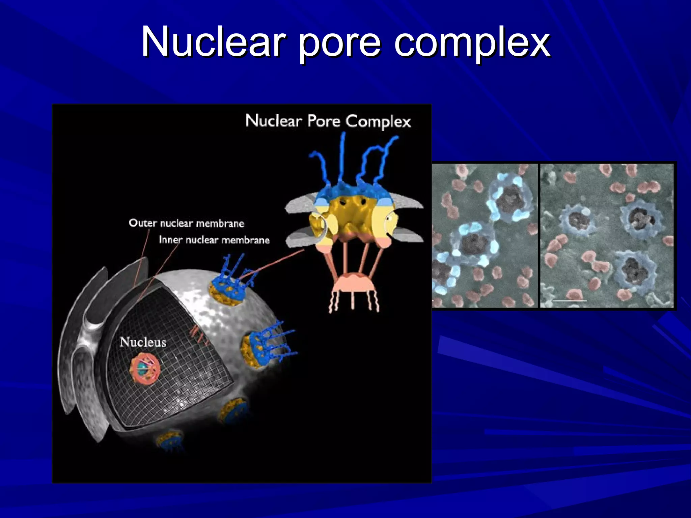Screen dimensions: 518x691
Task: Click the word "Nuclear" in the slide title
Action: click(x=213, y=42)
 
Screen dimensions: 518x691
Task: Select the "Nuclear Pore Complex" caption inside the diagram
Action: click(x=328, y=121)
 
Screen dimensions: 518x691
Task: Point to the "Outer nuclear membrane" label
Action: click(x=186, y=223)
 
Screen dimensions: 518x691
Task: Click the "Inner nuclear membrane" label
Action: click(x=214, y=240)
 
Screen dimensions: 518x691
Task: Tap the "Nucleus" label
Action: click(x=143, y=342)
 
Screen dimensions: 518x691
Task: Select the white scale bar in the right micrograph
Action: click(x=570, y=300)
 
